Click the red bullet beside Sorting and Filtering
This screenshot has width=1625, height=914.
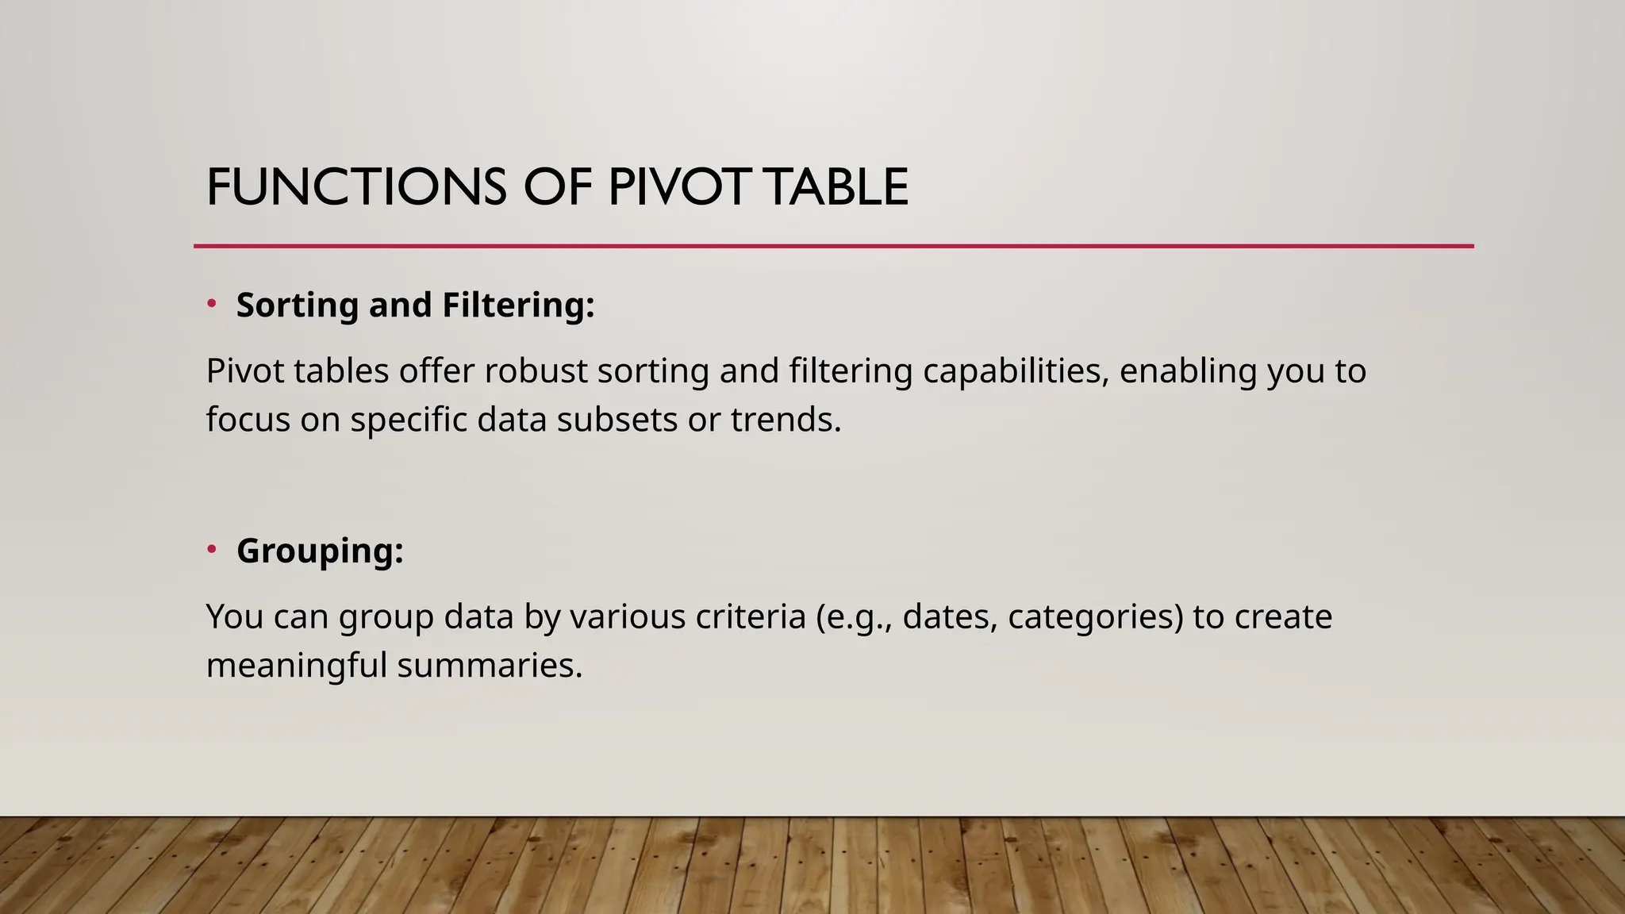pos(212,303)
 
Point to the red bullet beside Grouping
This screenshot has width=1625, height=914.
pos(212,549)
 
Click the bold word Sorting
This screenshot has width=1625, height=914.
pos(298,305)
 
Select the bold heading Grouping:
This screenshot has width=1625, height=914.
pos(320,551)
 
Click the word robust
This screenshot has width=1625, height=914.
pos(536,371)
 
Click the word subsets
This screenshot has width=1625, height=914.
pos(617,419)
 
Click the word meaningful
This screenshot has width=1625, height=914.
pos(297,665)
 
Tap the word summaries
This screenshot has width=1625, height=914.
pos(490,665)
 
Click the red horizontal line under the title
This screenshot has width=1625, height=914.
pos(833,246)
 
